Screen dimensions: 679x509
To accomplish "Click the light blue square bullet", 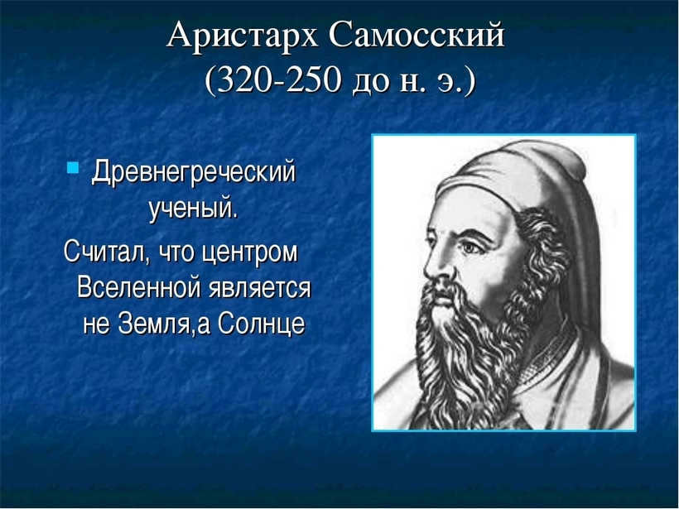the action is (73, 167).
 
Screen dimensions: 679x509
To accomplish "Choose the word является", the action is (259, 288).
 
